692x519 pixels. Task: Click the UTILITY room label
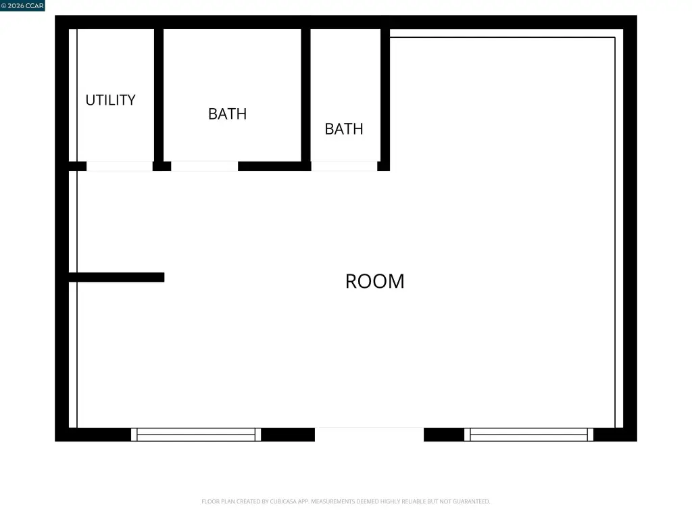point(110,100)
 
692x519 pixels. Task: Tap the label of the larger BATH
point(227,114)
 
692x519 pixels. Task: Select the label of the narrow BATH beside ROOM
point(344,129)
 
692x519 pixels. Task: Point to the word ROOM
point(374,281)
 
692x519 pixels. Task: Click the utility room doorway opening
point(120,166)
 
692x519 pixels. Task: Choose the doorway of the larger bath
point(204,166)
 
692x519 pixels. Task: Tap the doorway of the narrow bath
point(344,166)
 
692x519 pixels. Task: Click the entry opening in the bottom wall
point(370,435)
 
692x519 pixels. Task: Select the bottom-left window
point(196,435)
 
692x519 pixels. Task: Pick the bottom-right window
point(528,435)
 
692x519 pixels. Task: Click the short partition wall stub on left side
point(116,277)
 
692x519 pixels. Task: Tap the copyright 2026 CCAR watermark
point(22,5)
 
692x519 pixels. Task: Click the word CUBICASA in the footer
point(283,501)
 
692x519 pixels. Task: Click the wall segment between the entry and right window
point(444,435)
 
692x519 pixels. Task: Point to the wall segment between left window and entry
point(288,435)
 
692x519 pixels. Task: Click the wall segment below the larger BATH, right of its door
point(274,166)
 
